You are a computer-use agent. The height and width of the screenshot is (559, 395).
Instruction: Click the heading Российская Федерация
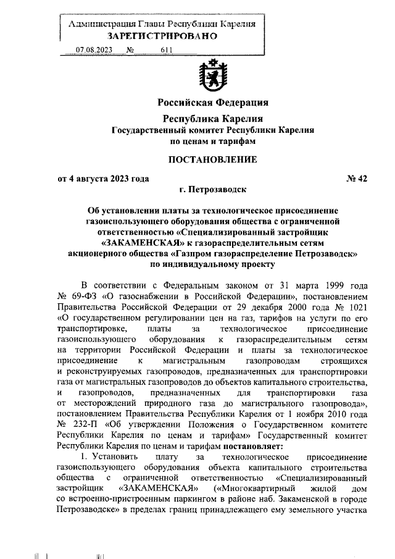pos(213,102)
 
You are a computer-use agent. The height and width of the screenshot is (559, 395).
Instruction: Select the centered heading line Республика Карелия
pos(213,118)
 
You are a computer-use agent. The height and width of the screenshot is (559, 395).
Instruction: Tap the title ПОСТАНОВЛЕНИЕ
pos(213,160)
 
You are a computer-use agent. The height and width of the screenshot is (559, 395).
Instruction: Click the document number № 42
pos(357,179)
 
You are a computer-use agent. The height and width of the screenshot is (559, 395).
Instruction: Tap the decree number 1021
pos(357,307)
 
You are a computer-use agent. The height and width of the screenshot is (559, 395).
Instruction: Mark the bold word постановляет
pos(241,448)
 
